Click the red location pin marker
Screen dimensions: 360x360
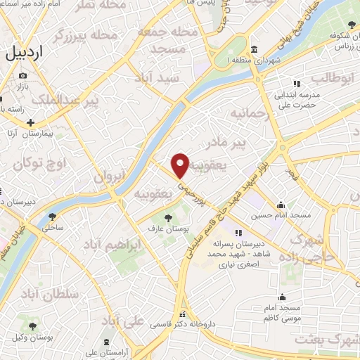pyautogui.click(x=181, y=165)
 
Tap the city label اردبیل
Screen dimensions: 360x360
pyautogui.click(x=34, y=52)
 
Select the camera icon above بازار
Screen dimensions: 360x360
pyautogui.click(x=23, y=76)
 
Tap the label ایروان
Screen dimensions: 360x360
pyautogui.click(x=108, y=176)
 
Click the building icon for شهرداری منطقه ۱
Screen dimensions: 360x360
pyautogui.click(x=253, y=50)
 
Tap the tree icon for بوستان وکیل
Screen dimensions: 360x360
pyautogui.click(x=32, y=326)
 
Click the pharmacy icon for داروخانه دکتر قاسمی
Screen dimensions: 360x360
pyautogui.click(x=184, y=314)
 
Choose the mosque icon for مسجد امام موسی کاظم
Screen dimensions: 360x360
pyautogui.click(x=283, y=297)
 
